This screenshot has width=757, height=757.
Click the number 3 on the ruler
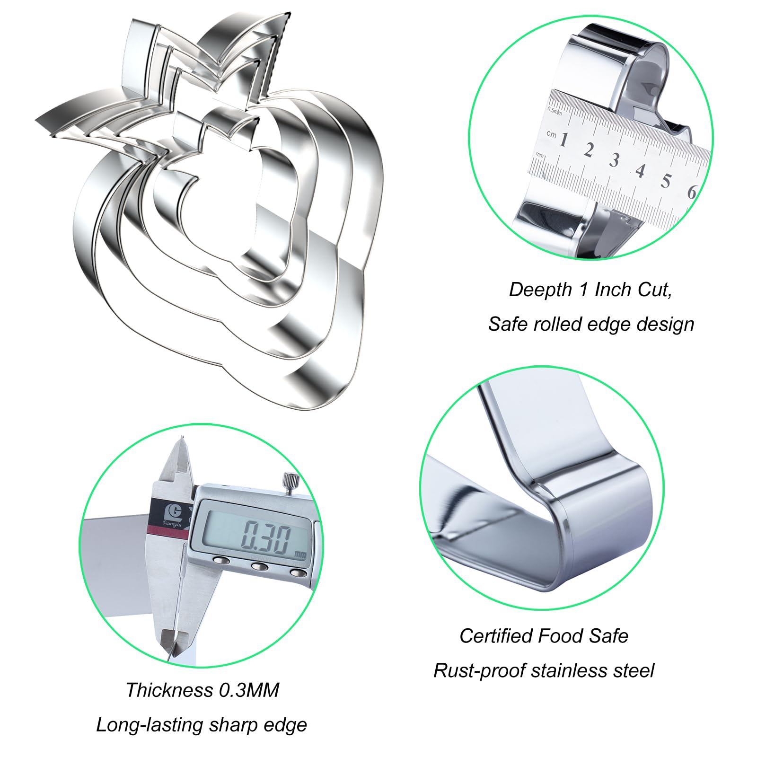[x=614, y=160]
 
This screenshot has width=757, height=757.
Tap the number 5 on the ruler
[x=666, y=180]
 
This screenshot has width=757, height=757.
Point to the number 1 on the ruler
[x=563, y=140]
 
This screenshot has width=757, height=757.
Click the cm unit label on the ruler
[x=551, y=134]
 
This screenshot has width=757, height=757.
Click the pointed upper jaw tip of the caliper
[x=180, y=438]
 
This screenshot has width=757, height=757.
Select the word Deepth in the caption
[x=540, y=290]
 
